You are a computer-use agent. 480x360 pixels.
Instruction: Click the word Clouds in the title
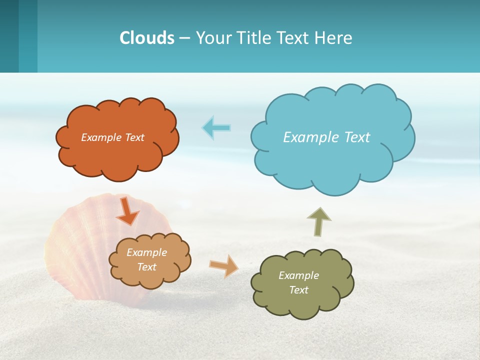point(147,38)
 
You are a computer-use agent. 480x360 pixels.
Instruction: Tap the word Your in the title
point(213,38)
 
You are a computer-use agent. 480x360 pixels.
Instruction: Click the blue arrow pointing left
point(216,128)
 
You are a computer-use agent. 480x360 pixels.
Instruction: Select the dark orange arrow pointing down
point(127,211)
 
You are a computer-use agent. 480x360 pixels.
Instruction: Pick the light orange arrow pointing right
point(224,266)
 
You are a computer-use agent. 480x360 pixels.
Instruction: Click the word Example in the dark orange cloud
point(101,137)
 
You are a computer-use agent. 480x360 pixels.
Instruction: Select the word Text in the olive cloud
point(298,290)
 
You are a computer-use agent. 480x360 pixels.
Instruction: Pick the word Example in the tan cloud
point(147,252)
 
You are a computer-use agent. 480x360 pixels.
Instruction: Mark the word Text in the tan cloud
point(147,267)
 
